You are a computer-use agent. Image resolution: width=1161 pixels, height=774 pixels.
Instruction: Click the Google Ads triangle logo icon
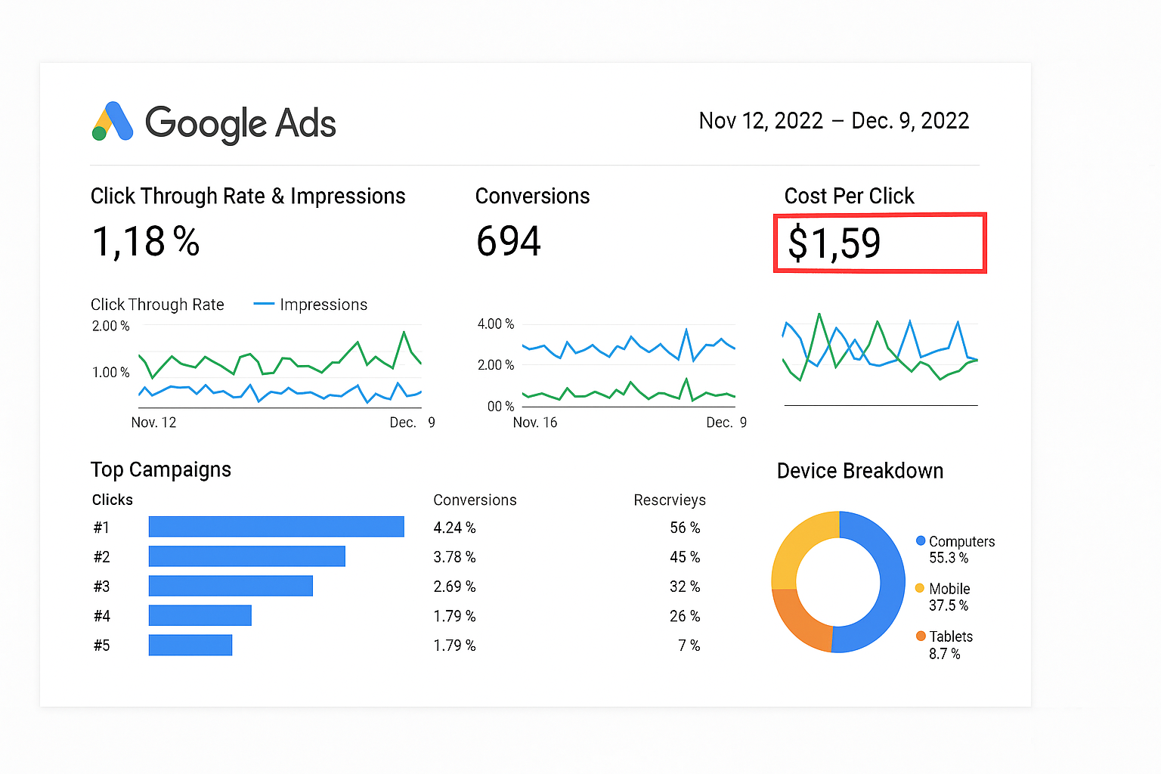coord(113,122)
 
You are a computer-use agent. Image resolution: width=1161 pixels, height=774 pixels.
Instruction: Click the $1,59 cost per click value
coord(834,243)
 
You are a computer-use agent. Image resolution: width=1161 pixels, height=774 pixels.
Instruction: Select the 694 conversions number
coord(509,242)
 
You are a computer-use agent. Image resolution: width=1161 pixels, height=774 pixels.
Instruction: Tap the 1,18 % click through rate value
coord(146,242)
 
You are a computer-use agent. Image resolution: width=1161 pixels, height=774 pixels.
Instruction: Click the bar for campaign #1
coord(276,527)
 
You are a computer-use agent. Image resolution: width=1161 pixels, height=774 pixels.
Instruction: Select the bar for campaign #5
coord(190,645)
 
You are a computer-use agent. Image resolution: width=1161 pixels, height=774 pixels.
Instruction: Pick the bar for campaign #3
coord(231,586)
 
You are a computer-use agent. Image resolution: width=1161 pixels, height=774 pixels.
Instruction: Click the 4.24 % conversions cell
coord(454,528)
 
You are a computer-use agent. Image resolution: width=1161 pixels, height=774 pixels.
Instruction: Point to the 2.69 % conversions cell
coord(454,587)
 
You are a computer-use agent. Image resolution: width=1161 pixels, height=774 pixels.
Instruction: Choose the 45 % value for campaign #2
coord(685,557)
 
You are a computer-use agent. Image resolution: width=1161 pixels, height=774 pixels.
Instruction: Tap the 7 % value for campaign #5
coord(689,646)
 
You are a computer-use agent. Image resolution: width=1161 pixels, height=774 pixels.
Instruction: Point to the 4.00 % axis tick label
coord(495,324)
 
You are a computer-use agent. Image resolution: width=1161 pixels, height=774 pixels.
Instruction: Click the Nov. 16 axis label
coord(535,423)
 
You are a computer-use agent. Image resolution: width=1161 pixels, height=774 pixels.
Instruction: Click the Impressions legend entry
coord(323,305)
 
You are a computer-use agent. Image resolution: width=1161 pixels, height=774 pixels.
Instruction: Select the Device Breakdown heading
coord(860,471)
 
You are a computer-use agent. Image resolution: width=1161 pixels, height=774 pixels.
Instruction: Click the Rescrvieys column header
coord(670,500)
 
